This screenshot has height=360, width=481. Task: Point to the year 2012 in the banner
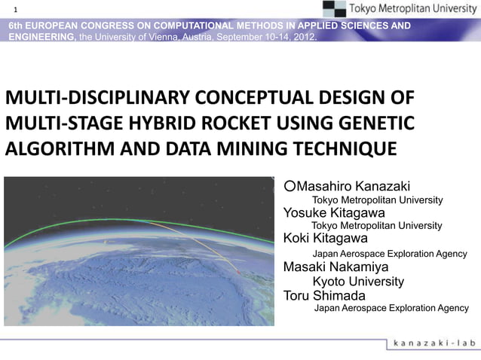tap(303, 36)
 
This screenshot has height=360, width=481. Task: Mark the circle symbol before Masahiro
tap(290, 186)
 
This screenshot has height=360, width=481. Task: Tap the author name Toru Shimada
tap(323, 295)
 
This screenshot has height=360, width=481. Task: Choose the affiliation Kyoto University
tap(358, 282)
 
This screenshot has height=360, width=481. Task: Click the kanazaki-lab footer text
tap(434, 343)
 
